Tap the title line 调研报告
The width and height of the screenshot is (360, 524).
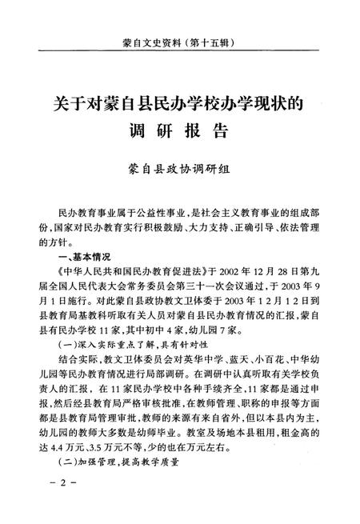pyautogui.click(x=179, y=130)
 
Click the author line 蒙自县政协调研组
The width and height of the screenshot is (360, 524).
pyautogui.click(x=179, y=167)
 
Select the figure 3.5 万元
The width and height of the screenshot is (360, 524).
pyautogui.click(x=110, y=442)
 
